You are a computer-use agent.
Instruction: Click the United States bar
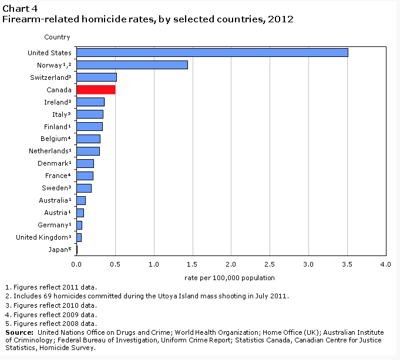(x=212, y=52)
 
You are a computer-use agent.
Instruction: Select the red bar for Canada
(x=96, y=89)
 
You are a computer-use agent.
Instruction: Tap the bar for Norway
(x=132, y=65)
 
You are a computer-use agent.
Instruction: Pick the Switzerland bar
(x=96, y=77)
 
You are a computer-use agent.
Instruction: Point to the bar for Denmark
(x=85, y=163)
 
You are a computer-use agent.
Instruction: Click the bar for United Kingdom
(x=79, y=237)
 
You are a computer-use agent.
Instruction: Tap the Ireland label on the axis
(x=57, y=102)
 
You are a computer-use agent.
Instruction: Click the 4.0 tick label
(x=386, y=265)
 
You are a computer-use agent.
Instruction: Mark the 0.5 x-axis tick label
(x=115, y=265)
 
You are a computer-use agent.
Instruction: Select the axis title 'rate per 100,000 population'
(x=229, y=278)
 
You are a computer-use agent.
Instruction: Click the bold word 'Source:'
(x=19, y=332)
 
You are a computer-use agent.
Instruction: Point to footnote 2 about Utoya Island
(x=147, y=296)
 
